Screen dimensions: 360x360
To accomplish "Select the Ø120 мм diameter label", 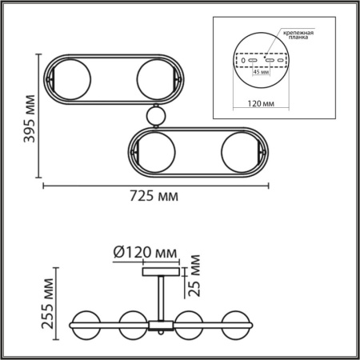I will point(145,252).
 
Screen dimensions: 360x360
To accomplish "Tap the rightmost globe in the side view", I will point(241,325).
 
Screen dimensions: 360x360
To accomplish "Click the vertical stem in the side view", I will point(162,295).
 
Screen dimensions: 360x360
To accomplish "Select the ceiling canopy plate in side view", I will point(162,271).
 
